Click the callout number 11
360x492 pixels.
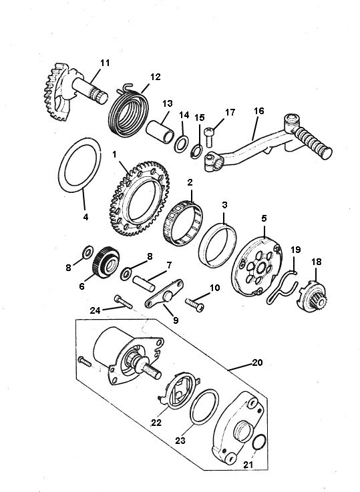[104, 63]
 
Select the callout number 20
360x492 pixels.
[258, 363]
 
